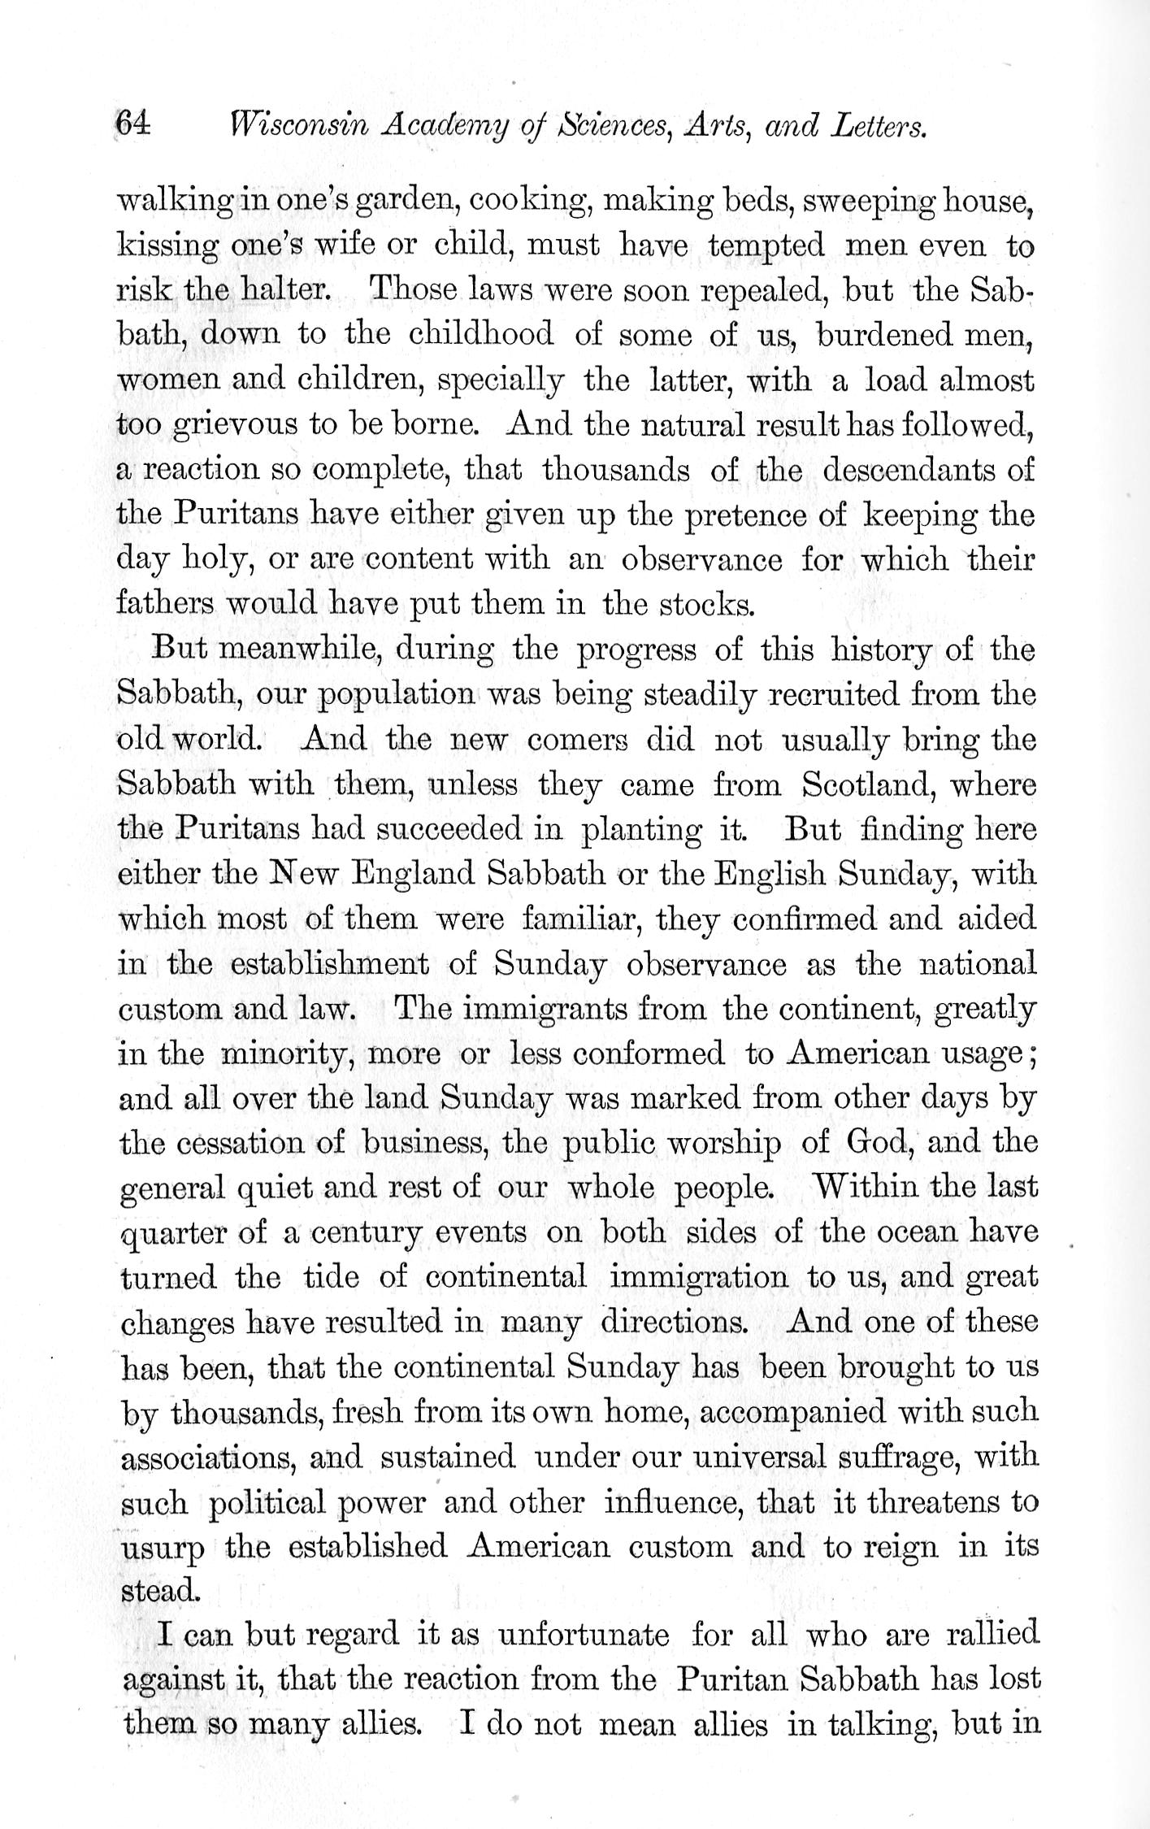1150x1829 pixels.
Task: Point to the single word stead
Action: tap(158, 1590)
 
